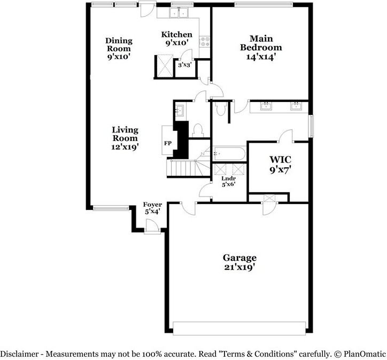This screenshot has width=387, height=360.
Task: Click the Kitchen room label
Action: click(x=176, y=38)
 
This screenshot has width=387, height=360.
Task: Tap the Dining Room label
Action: click(x=119, y=49)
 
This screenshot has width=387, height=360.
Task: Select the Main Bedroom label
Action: click(x=261, y=48)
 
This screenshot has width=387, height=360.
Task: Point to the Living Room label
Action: click(x=125, y=138)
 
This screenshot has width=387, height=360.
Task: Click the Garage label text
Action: click(x=239, y=262)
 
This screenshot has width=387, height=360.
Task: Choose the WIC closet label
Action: click(x=280, y=165)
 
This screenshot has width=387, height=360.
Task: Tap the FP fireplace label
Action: click(x=168, y=143)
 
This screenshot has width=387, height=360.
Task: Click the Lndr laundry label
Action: click(x=229, y=181)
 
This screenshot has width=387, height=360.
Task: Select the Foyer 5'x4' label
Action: click(x=152, y=208)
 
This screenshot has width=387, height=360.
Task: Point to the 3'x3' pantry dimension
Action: click(x=185, y=65)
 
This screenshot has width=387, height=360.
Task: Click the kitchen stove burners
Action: click(x=204, y=42)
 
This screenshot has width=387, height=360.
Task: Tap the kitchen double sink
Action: click(x=179, y=13)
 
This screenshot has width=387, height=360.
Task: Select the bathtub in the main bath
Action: click(x=229, y=153)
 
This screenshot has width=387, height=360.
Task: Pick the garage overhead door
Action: click(x=239, y=328)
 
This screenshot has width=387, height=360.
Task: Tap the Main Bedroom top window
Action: click(x=264, y=4)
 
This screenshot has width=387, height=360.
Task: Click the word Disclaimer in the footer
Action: click(x=19, y=354)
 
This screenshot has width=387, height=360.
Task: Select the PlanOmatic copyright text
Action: click(x=360, y=354)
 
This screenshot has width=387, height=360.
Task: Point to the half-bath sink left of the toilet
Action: click(x=179, y=110)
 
